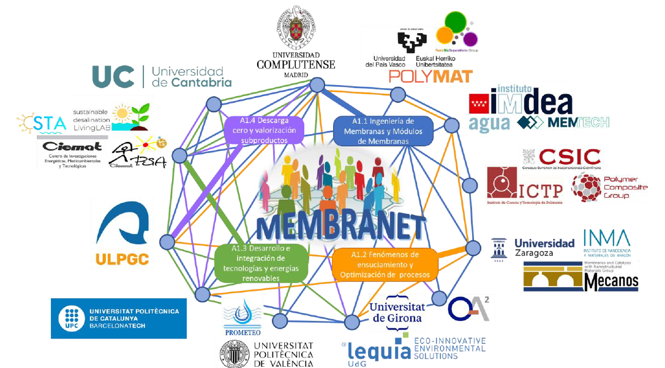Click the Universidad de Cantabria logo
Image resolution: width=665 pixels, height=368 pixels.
162,77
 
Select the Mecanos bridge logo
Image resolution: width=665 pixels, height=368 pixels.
580,276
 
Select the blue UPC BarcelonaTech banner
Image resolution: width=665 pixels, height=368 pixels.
118,318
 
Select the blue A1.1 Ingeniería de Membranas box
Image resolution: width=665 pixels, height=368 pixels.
383,130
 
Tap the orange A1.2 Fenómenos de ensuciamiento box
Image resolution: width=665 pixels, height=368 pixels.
385,264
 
